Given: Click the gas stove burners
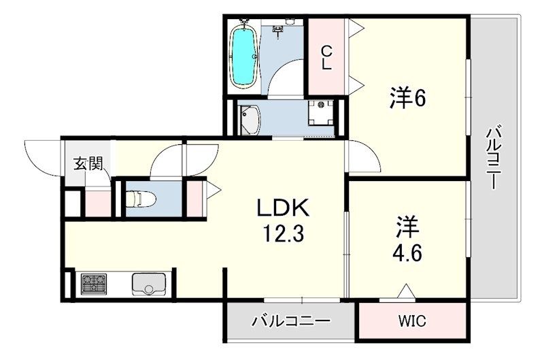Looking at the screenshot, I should pos(94,283).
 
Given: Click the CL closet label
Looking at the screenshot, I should pos(326,57).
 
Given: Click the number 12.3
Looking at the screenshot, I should pos(284,235).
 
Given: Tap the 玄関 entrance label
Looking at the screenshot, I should pos(88,163).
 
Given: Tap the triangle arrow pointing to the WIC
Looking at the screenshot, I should pos(406,292).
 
